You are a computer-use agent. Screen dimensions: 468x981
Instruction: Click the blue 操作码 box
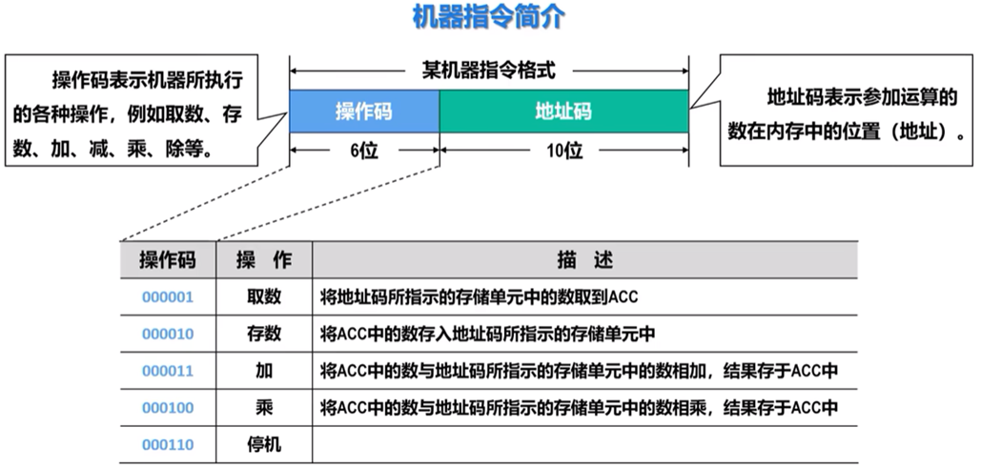(x=363, y=112)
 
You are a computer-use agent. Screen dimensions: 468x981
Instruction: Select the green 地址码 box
(x=563, y=112)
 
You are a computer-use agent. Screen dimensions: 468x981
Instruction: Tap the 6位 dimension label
(x=363, y=150)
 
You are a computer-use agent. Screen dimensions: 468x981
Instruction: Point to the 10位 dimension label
(x=563, y=150)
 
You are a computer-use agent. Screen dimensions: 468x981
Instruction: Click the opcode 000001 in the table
(x=168, y=296)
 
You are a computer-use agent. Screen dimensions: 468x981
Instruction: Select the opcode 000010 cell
(x=168, y=334)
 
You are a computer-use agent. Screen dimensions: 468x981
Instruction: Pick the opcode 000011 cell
(x=168, y=371)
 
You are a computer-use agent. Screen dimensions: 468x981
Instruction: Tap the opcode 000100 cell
(x=168, y=408)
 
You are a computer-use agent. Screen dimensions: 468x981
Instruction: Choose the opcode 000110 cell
(x=168, y=444)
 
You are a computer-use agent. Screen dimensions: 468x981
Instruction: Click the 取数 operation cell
(x=264, y=296)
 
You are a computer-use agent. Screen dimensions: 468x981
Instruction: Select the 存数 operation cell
(x=264, y=334)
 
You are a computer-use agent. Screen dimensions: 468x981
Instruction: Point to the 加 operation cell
(x=264, y=371)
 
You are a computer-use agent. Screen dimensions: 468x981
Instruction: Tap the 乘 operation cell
(x=264, y=408)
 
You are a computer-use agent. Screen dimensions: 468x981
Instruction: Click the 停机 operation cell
(x=264, y=444)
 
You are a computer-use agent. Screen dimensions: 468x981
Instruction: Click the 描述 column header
(x=584, y=259)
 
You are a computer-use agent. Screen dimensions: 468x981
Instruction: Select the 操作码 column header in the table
(x=168, y=259)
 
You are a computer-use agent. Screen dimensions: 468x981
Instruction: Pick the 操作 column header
(x=264, y=259)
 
